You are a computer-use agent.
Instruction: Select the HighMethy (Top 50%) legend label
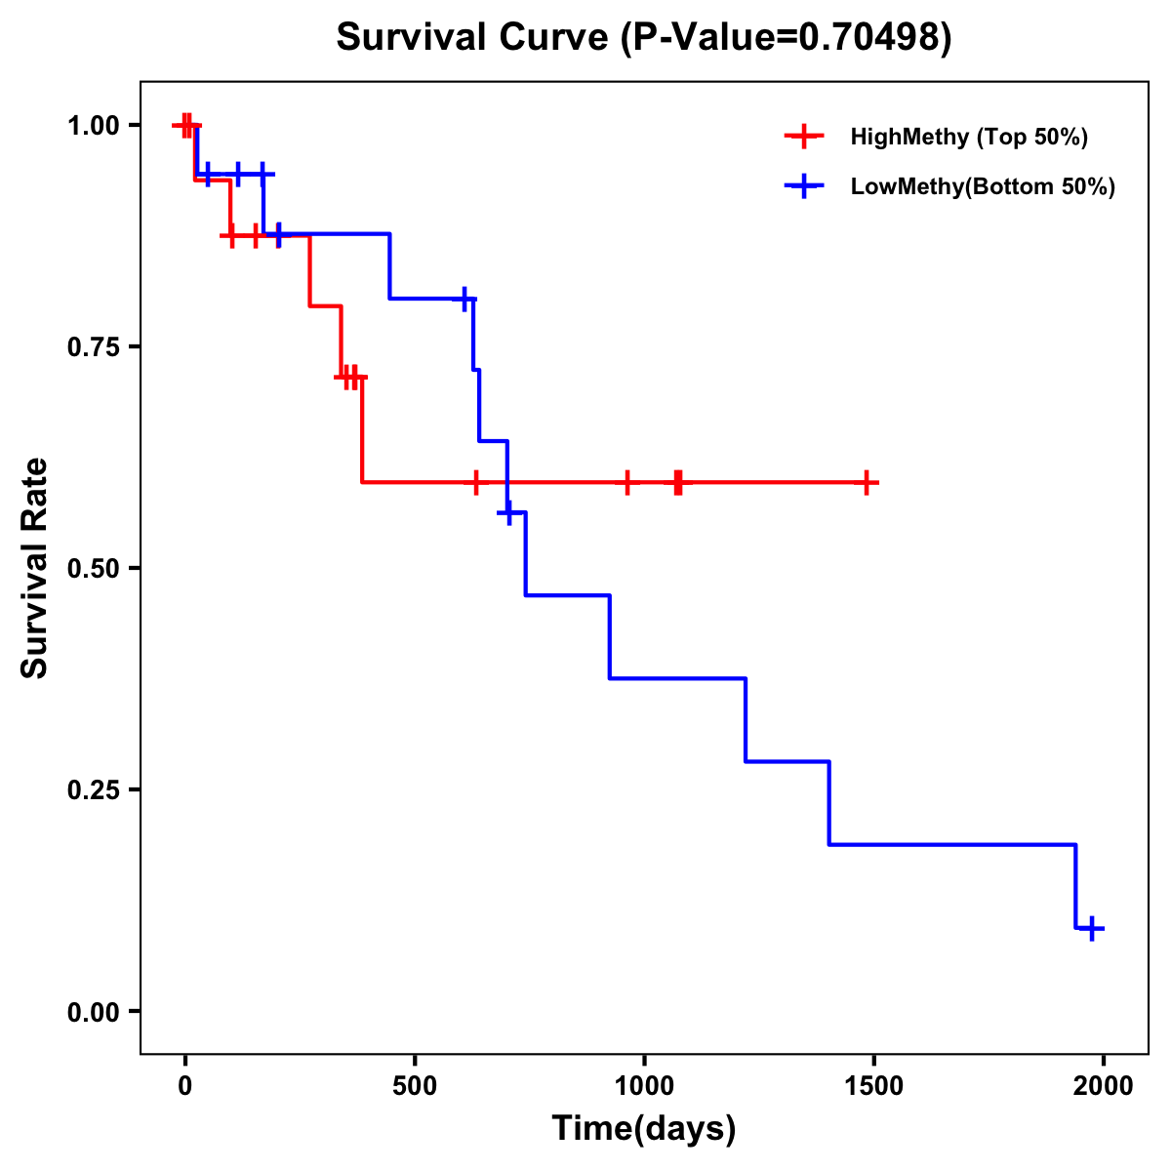pyautogui.click(x=969, y=137)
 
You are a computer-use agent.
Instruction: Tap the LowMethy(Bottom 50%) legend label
pyautogui.click(x=983, y=186)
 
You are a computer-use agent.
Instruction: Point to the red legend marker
pyautogui.click(x=804, y=137)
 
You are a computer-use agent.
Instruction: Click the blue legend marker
pyautogui.click(x=804, y=186)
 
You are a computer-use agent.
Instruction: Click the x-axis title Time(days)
pyautogui.click(x=644, y=1128)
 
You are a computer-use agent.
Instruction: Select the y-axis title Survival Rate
pyautogui.click(x=35, y=568)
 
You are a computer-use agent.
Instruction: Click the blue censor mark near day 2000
pyautogui.click(x=1093, y=928)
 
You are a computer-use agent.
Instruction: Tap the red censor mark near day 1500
pyautogui.click(x=866, y=482)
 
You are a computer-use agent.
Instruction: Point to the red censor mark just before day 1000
pyautogui.click(x=627, y=482)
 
